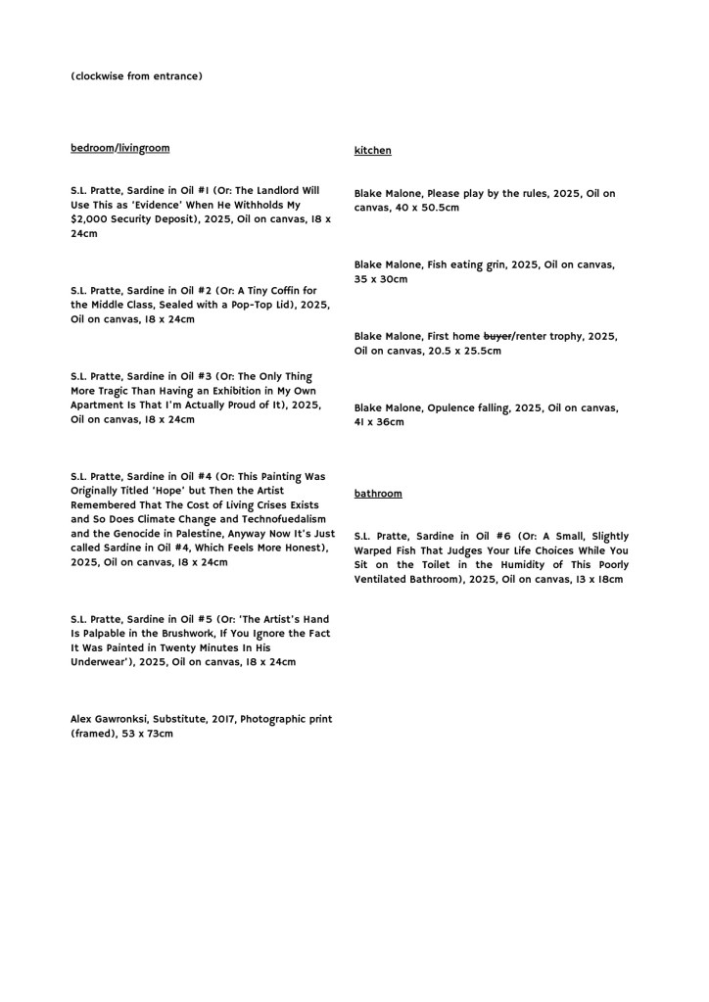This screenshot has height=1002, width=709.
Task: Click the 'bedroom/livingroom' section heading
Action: tap(119, 148)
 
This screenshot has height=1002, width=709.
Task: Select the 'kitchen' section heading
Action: tap(372, 151)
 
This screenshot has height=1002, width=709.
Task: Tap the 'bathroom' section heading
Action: tap(378, 494)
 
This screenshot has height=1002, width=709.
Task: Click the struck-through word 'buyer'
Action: tap(496, 336)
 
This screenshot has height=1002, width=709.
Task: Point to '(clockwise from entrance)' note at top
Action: tap(136, 75)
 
